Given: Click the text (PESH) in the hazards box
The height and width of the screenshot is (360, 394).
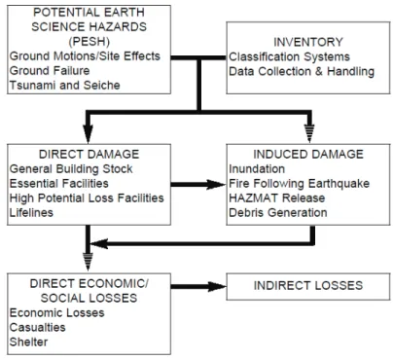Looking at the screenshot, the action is pyautogui.click(x=90, y=42).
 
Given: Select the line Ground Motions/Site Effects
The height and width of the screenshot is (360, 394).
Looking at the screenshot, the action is pyautogui.click(x=85, y=56).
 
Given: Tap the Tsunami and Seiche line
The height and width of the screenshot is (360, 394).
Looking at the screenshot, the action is pyautogui.click(x=65, y=85).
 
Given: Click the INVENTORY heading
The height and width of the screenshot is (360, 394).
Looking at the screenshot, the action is pyautogui.click(x=308, y=42).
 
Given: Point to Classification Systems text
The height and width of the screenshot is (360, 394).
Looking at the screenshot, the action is pyautogui.click(x=289, y=56).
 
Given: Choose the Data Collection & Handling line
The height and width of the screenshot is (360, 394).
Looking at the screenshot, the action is pyautogui.click(x=302, y=71).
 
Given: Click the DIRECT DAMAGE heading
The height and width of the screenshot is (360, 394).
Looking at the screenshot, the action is pyautogui.click(x=90, y=154).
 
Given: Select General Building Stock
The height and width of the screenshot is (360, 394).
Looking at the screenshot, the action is pyautogui.click(x=71, y=169).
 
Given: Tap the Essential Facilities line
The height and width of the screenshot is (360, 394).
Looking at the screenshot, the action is pyautogui.click(x=59, y=184).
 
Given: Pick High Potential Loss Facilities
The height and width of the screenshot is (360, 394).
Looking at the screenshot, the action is pyautogui.click(x=87, y=198).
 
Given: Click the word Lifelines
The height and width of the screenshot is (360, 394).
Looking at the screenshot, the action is pyautogui.click(x=31, y=213).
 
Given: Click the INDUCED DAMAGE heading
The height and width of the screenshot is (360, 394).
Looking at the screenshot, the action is pyautogui.click(x=308, y=154).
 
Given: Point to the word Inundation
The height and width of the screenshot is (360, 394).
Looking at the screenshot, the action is pyautogui.click(x=257, y=169).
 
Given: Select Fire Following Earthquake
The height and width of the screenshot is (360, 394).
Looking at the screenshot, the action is pyautogui.click(x=300, y=184).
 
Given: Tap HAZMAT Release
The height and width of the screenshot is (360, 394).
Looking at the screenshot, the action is pyautogui.click(x=277, y=198).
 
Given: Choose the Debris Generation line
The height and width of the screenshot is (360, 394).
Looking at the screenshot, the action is pyautogui.click(x=278, y=213).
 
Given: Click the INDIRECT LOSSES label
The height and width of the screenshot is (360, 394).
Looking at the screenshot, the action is pyautogui.click(x=308, y=285).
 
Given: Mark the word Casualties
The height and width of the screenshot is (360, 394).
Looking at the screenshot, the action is pyautogui.click(x=38, y=327).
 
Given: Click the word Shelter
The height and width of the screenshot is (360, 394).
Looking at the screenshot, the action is pyautogui.click(x=28, y=342).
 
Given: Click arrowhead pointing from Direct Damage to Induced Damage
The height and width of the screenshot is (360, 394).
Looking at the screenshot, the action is pyautogui.click(x=216, y=185).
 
